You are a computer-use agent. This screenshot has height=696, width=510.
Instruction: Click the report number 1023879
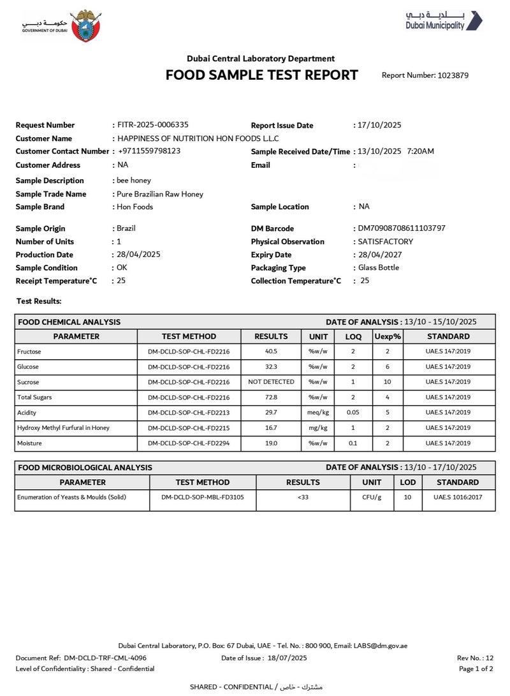tap(453, 75)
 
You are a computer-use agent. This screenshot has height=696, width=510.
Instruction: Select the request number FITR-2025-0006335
tap(152, 125)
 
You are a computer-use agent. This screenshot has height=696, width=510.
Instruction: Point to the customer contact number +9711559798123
tap(149, 151)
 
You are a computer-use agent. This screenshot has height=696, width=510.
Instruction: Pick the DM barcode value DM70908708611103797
tap(402, 228)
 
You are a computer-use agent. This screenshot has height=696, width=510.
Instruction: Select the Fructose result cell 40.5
tap(271, 352)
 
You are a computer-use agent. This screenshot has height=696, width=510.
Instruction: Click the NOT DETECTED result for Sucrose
tap(271, 382)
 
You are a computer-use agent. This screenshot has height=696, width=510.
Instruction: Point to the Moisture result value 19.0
tap(271, 443)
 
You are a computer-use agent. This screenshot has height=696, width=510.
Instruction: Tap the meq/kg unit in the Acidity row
tap(318, 413)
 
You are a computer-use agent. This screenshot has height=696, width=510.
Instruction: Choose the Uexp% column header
tap(387, 336)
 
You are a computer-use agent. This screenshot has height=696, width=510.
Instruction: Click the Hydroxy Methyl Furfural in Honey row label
tap(63, 427)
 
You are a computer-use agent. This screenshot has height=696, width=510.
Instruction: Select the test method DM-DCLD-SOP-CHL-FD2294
tap(189, 443)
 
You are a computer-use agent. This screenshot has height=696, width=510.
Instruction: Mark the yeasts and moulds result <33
tap(303, 497)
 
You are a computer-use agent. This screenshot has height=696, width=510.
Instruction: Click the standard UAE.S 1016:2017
tap(458, 497)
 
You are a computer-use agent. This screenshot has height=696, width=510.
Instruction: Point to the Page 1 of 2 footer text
tap(476, 669)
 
